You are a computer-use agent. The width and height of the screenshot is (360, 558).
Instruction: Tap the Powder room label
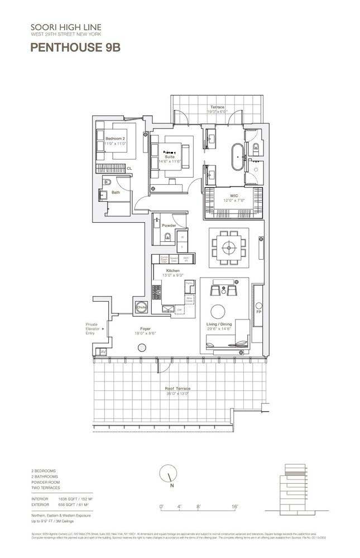click(169, 225)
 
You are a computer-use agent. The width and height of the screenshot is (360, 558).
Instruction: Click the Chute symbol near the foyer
click(141, 308)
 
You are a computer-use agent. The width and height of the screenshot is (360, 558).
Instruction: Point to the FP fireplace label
click(258, 311)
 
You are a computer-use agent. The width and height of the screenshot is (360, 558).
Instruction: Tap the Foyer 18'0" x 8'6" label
click(145, 331)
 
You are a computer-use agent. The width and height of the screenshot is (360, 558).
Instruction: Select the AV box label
click(103, 351)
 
